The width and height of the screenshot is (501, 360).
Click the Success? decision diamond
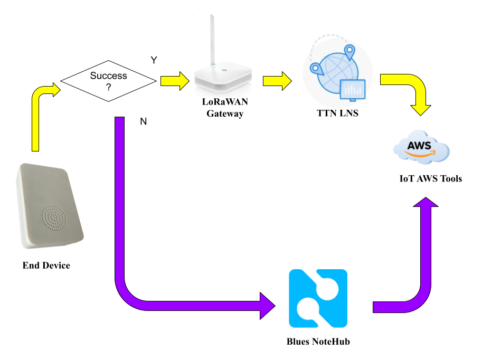click(108, 81)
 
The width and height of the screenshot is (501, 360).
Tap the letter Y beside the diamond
click(154, 60)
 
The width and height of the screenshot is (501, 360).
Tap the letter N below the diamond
click(143, 121)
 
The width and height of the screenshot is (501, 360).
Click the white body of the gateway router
click(222, 77)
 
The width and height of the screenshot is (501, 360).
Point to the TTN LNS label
click(337, 112)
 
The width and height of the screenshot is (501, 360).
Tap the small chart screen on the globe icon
click(353, 89)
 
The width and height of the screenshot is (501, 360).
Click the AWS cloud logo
click(421, 147)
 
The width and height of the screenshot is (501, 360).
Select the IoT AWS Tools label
click(430, 178)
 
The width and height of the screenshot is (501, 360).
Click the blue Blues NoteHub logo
click(318, 298)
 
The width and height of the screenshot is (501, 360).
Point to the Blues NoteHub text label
click(318, 342)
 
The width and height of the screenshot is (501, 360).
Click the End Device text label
click(46, 266)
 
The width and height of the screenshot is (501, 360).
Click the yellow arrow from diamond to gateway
click(175, 81)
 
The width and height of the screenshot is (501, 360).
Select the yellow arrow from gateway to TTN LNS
click(277, 81)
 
